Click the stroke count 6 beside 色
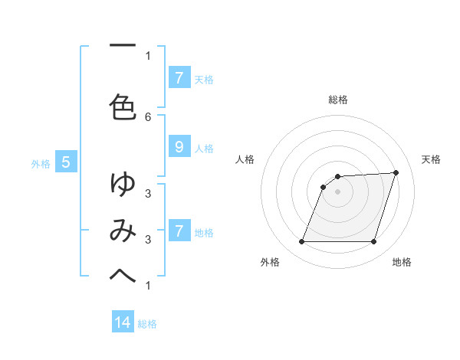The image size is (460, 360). coord(148,116)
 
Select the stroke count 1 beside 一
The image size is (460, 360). coord(148,55)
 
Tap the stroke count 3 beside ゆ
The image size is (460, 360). coord(148,193)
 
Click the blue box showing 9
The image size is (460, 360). coord(179,147)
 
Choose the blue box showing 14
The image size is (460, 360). coord(123,323)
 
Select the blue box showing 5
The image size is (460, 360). coord(66,162)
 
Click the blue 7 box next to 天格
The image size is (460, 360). coord(179,78)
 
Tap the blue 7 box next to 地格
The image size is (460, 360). coord(179,231)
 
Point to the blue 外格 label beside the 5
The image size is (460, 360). coord(41,163)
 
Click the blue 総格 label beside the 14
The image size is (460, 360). coord(147,324)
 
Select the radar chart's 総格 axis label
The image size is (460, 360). coord(337,100)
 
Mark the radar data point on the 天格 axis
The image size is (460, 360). coord(396,172)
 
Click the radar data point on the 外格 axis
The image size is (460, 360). coord(301,242)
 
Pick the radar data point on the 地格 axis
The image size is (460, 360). coord(373,242)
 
